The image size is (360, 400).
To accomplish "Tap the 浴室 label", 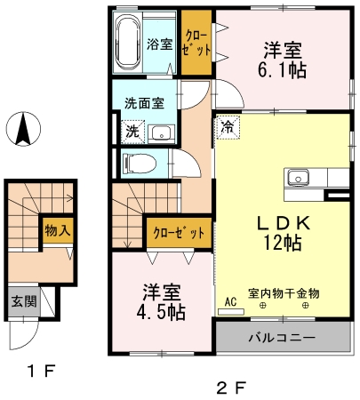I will point(160,43).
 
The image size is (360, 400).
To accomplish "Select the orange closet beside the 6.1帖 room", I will point(196,43).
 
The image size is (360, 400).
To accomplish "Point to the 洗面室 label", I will point(144,102).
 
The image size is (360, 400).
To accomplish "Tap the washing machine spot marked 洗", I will point(132,132).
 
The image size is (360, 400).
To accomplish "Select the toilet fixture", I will point(136,163).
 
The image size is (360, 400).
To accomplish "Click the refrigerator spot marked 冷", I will point(227,127).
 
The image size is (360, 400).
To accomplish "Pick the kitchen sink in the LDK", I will point(296,174).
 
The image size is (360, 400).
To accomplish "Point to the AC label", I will point(230,302).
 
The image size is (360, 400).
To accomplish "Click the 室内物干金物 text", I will point(283,292).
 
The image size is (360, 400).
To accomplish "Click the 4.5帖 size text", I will point(163,312).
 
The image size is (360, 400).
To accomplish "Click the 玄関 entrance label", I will point(24,302).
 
